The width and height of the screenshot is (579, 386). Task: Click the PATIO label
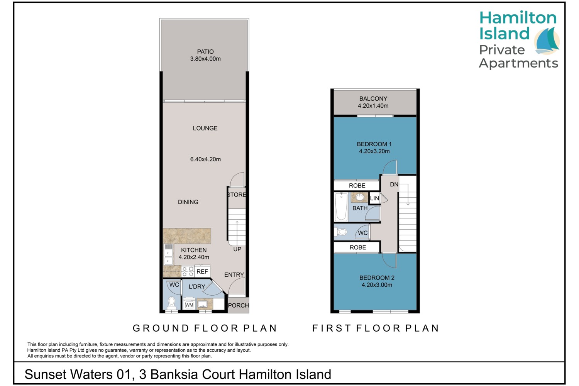[x=205, y=52]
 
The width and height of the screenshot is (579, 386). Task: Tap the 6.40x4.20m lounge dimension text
[x=205, y=159]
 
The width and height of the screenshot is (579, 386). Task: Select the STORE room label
[x=237, y=195]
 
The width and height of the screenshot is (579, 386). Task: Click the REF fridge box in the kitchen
[x=202, y=271]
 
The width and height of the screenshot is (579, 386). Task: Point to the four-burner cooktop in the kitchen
[x=188, y=271]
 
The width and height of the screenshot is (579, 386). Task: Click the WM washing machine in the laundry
[x=189, y=304]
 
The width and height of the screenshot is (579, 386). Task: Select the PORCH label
[x=238, y=305]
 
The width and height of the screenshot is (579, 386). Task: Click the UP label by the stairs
[x=237, y=249]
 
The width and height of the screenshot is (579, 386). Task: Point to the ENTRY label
[x=234, y=274]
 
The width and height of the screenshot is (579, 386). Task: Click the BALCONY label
[x=373, y=99]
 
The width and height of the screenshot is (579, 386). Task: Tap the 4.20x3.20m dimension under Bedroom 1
[x=374, y=151]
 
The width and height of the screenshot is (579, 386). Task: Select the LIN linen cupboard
[x=374, y=198]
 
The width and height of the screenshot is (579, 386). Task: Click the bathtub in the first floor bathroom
[x=341, y=207]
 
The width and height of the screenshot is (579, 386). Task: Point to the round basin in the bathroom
[x=359, y=198]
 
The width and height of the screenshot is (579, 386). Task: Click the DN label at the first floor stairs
[x=394, y=185]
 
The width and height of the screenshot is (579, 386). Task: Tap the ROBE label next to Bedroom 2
[x=358, y=247]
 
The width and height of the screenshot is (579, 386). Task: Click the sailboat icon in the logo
[x=547, y=41]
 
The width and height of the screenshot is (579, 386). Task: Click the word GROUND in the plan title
[x=161, y=328]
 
